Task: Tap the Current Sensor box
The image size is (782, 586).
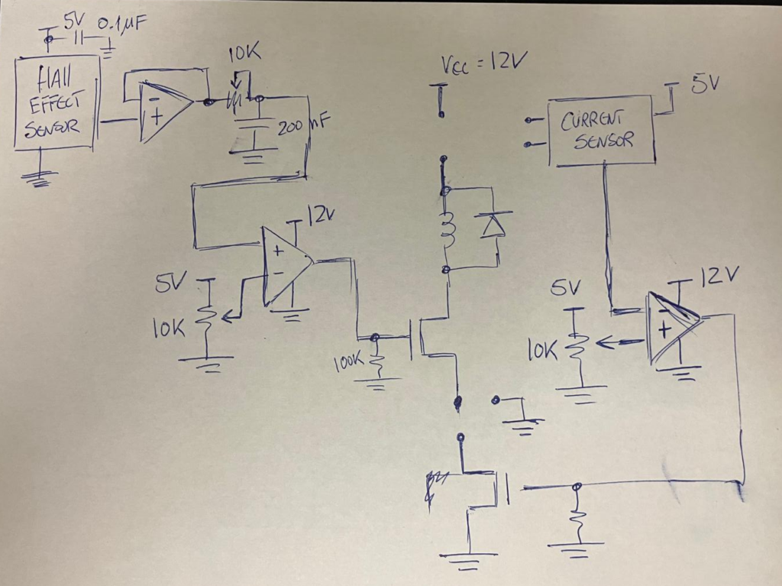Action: click(600, 130)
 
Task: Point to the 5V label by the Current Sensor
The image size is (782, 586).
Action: click(705, 83)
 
